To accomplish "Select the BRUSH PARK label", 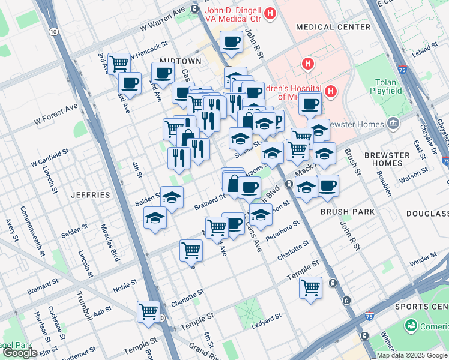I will click(x=348, y=212).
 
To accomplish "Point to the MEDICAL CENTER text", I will click(x=333, y=27).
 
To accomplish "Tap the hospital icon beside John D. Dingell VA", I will click(x=270, y=13).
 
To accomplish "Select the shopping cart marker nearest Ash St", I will click(x=148, y=311).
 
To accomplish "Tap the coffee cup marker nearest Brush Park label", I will click(x=328, y=185).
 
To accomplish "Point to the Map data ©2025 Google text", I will click(x=412, y=355).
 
